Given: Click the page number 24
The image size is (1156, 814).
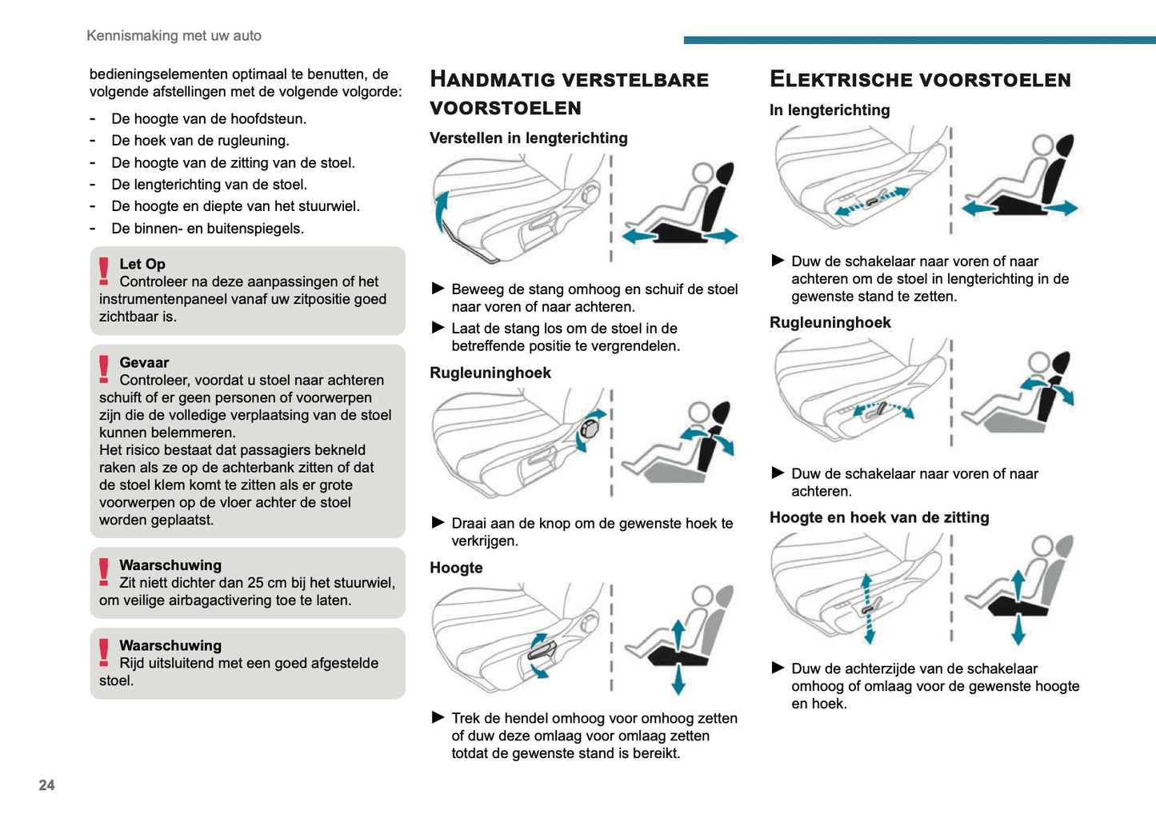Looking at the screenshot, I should [x=46, y=785].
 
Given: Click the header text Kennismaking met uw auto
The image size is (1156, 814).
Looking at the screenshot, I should [x=174, y=36].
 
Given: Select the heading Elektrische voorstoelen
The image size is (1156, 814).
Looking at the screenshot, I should [x=920, y=79].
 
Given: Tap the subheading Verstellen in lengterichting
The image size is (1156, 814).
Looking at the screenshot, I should [x=528, y=138].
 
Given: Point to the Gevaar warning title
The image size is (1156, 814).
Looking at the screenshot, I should [x=144, y=363].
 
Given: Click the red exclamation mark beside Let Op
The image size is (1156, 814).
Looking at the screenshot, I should [x=104, y=271].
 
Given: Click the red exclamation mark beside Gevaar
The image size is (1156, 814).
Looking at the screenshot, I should [x=104, y=369].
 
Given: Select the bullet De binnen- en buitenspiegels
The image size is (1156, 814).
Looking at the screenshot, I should [x=207, y=229].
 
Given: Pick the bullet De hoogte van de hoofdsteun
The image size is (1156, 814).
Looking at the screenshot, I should [x=209, y=119].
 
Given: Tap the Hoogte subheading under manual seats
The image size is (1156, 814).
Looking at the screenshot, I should [x=456, y=568].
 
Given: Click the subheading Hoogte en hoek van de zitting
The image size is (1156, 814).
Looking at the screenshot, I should [x=878, y=517].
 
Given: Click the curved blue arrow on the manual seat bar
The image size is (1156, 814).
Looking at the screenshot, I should [x=440, y=210].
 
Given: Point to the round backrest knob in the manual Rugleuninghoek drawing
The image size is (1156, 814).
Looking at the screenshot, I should [x=590, y=429].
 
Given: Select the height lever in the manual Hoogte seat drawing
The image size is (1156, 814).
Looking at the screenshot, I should [x=542, y=649].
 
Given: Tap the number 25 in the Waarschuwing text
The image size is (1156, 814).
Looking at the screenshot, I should [x=255, y=583].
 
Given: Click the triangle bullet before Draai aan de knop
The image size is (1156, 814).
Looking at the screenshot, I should [x=438, y=523].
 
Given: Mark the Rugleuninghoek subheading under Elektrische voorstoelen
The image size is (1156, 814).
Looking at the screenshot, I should [x=830, y=323].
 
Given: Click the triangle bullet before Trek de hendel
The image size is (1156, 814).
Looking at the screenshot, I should [x=438, y=718].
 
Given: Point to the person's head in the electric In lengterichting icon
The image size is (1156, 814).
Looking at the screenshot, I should [x=1042, y=145].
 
